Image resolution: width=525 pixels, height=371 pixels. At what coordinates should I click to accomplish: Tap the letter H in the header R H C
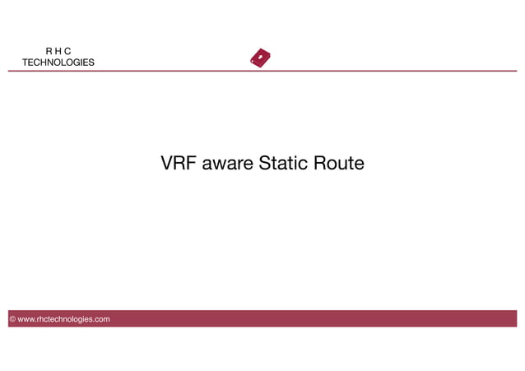pos(58,51)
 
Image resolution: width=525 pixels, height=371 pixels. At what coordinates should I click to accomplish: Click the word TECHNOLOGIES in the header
pos(58,63)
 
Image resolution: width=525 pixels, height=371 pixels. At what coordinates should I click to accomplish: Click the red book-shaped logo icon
pos(260,58)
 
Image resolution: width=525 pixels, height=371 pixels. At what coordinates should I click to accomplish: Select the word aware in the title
pos(229,164)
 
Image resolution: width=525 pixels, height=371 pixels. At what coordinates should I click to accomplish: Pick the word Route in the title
pos(339,164)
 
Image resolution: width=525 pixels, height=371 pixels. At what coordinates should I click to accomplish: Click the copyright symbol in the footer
pos(12,319)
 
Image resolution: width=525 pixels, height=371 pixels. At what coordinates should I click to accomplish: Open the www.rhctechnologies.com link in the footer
pos(63,319)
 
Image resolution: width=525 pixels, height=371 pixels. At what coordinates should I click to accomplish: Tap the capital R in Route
pos(321,164)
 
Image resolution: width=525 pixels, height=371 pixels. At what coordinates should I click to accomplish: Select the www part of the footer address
pos(26,319)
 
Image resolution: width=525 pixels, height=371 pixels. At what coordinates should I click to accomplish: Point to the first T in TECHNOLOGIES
pos(25,63)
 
